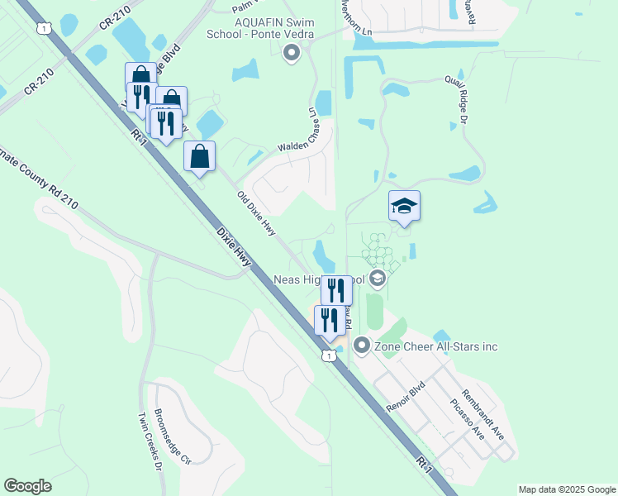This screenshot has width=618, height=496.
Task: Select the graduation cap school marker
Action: click(405, 206)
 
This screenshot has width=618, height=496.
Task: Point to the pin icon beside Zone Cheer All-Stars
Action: click(361, 346)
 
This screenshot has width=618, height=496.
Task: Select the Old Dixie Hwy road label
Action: click(256, 214)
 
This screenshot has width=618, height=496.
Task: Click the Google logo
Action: click(27, 486)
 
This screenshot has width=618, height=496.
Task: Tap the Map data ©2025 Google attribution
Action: click(566, 489)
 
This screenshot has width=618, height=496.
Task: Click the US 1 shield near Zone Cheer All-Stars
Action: click(329, 355)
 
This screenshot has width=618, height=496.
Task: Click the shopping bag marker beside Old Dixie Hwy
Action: click(199, 157)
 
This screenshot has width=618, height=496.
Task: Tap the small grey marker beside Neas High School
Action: click(378, 278)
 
